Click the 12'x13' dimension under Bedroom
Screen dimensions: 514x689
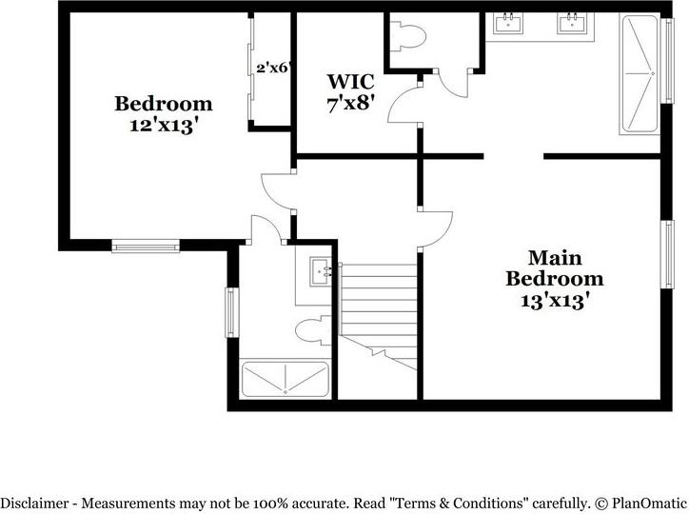(x=163, y=126)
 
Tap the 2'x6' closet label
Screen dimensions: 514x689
(x=272, y=68)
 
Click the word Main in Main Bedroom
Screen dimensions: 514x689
(x=555, y=258)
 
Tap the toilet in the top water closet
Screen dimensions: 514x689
(x=411, y=36)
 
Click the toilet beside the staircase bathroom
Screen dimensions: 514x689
(x=311, y=330)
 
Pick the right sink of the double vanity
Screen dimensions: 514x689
(x=571, y=24)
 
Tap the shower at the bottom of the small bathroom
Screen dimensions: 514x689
(x=285, y=380)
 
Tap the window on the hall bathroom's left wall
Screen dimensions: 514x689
(x=229, y=312)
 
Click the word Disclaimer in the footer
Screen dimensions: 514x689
(x=35, y=503)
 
